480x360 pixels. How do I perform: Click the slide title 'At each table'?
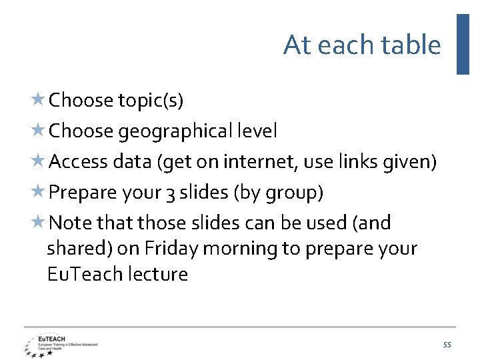[x=362, y=45]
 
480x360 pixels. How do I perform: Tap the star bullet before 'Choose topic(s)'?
[x=38, y=100]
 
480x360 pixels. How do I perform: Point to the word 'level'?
[x=257, y=131]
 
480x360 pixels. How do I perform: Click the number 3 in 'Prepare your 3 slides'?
[x=172, y=193]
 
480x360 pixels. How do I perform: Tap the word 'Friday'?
[x=171, y=249]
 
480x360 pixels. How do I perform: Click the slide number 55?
[x=447, y=345]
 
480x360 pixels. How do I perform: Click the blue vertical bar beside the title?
[x=463, y=44]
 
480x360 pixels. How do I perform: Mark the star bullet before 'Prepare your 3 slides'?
[x=38, y=193]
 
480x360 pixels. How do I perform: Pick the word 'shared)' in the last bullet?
[x=79, y=249]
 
